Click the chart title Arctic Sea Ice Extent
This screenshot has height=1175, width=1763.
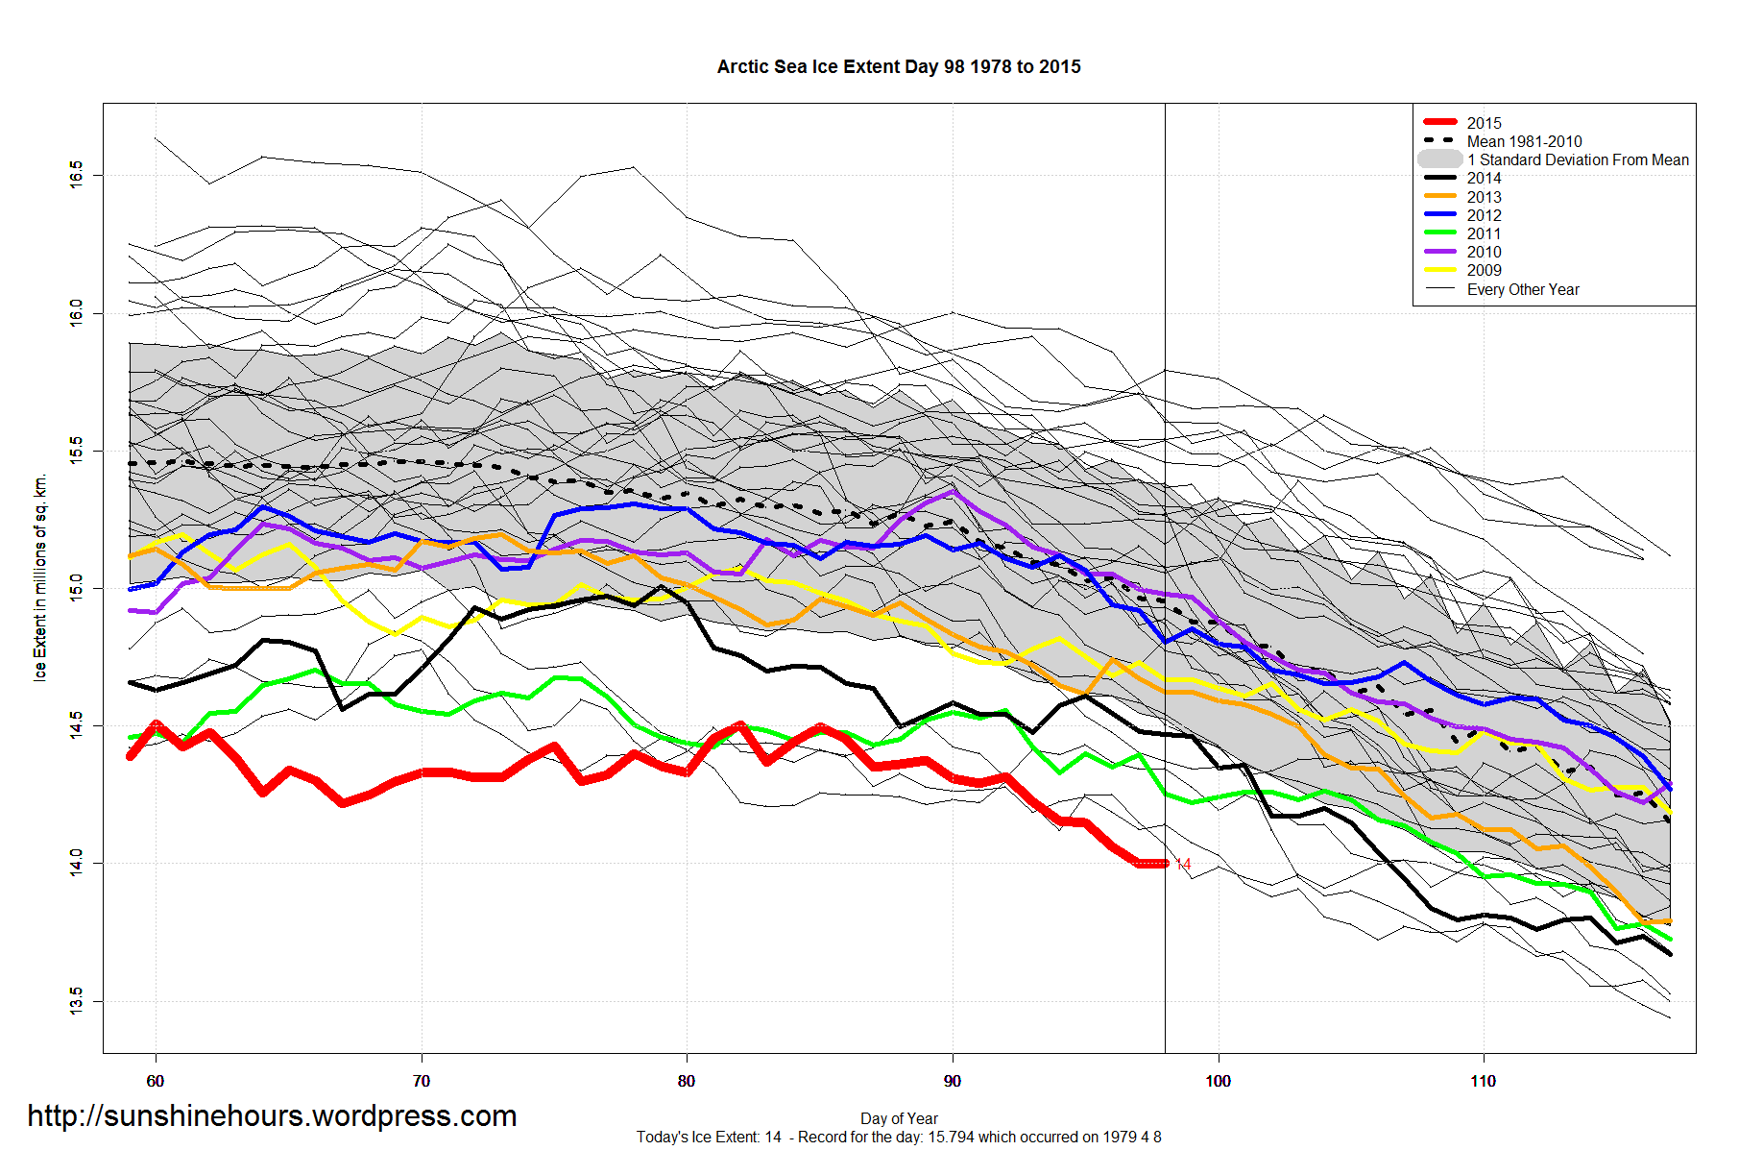[x=898, y=67]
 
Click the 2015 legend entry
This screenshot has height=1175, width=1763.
[x=1484, y=123]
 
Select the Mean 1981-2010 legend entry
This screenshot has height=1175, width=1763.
[x=1524, y=141]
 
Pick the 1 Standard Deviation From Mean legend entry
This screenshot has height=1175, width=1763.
[x=1578, y=159]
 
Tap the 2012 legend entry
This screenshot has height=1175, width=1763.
[x=1484, y=215]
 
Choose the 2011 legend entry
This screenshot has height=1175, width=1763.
[x=1484, y=233]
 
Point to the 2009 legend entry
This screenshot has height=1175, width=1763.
[x=1484, y=270]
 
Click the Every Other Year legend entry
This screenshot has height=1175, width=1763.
[x=1522, y=289]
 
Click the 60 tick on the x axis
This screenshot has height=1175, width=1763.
[x=156, y=1081]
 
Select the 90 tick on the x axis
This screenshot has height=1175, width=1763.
[x=952, y=1081]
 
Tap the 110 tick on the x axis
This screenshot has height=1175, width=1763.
[x=1483, y=1081]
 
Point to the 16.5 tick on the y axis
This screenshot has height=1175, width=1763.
[x=76, y=175]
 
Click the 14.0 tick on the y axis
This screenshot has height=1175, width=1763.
[x=76, y=863]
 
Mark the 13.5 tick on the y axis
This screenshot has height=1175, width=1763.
[x=76, y=1001]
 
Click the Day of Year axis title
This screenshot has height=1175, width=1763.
[x=899, y=1118]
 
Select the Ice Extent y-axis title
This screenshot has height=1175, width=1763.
[x=40, y=577]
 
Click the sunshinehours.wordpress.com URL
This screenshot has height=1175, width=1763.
[x=272, y=1115]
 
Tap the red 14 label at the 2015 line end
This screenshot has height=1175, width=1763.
[x=1183, y=865]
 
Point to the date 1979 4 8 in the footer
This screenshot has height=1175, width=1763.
[x=1131, y=1138]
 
